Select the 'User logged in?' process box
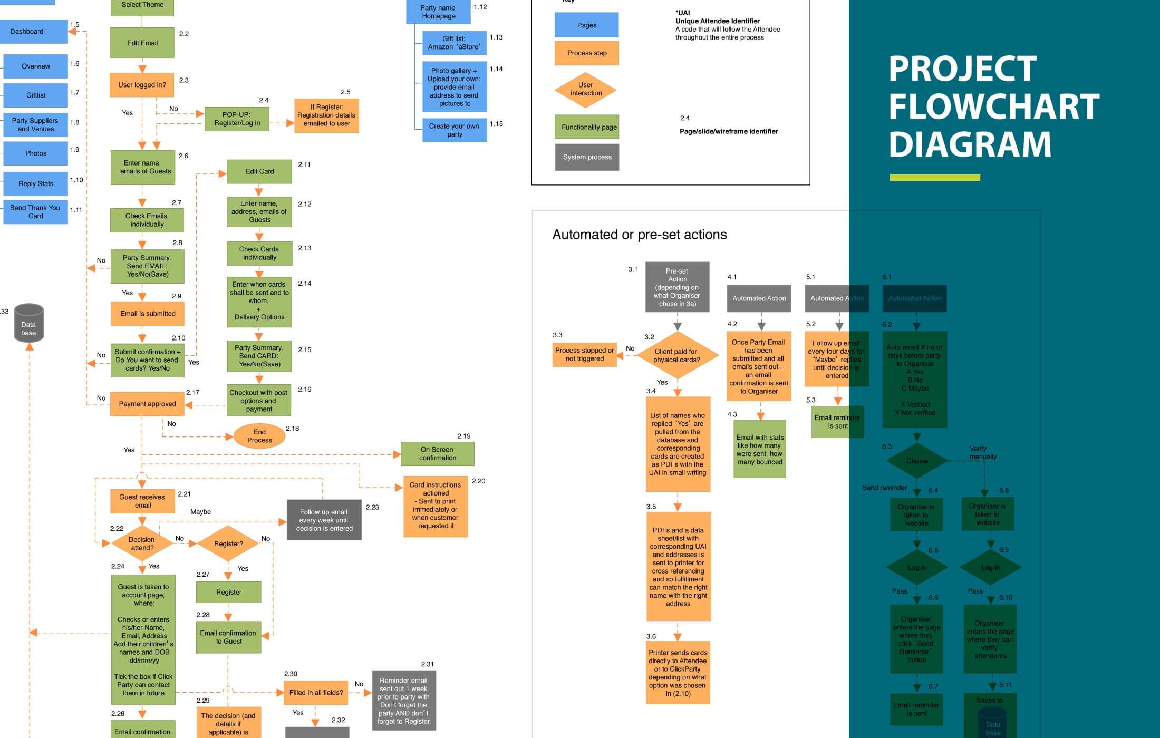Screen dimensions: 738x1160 click(x=142, y=85)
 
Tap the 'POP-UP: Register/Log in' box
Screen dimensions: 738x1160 click(x=237, y=119)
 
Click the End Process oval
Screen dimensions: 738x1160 click(x=259, y=436)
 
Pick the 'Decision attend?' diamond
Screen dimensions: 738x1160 click(x=142, y=543)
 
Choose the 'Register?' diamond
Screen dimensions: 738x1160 click(x=228, y=543)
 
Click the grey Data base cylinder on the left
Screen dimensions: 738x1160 click(x=28, y=323)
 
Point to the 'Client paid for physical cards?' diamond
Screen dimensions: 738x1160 click(x=677, y=355)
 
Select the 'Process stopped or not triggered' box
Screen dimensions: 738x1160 click(x=584, y=354)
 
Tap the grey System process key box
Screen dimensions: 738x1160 click(x=587, y=157)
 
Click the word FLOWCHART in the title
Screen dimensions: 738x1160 click(x=994, y=106)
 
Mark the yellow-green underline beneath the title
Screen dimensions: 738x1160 click(x=935, y=178)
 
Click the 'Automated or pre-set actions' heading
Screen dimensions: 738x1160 click(x=639, y=235)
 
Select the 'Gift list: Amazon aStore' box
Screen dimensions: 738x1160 click(x=454, y=43)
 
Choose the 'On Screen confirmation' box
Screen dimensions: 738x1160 click(x=437, y=454)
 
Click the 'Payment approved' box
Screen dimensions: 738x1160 click(x=147, y=404)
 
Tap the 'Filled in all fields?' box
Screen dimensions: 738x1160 click(x=316, y=693)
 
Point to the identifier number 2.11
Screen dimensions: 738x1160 click(x=304, y=164)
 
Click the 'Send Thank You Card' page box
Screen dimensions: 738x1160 click(x=35, y=211)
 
